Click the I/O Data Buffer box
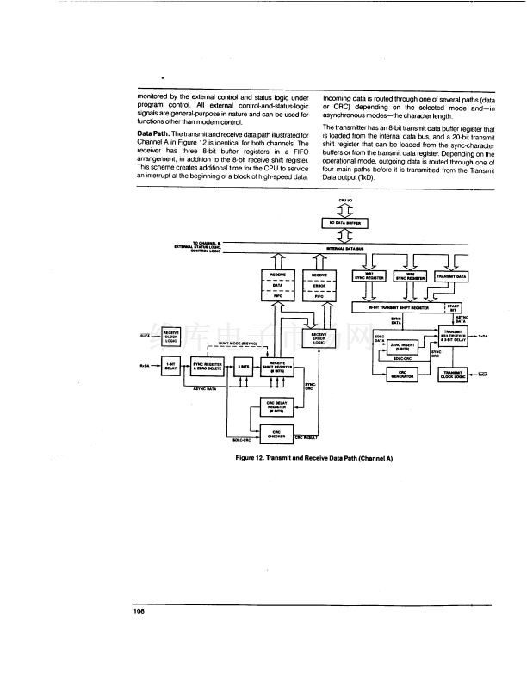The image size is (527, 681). (x=344, y=222)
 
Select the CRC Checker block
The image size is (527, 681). (x=277, y=435)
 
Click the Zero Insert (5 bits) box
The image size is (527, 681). (x=402, y=347)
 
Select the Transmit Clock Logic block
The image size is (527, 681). (x=452, y=374)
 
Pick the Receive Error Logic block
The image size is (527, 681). (x=319, y=338)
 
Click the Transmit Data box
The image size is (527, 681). (x=451, y=276)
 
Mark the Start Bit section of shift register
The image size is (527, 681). (x=455, y=306)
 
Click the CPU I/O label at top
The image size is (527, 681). (x=344, y=200)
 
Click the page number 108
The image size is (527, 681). (x=139, y=611)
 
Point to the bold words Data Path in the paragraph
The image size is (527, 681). (x=152, y=134)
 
